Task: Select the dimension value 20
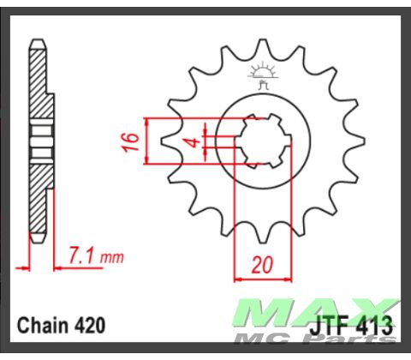(262, 264)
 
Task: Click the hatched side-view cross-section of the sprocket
(39, 86)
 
